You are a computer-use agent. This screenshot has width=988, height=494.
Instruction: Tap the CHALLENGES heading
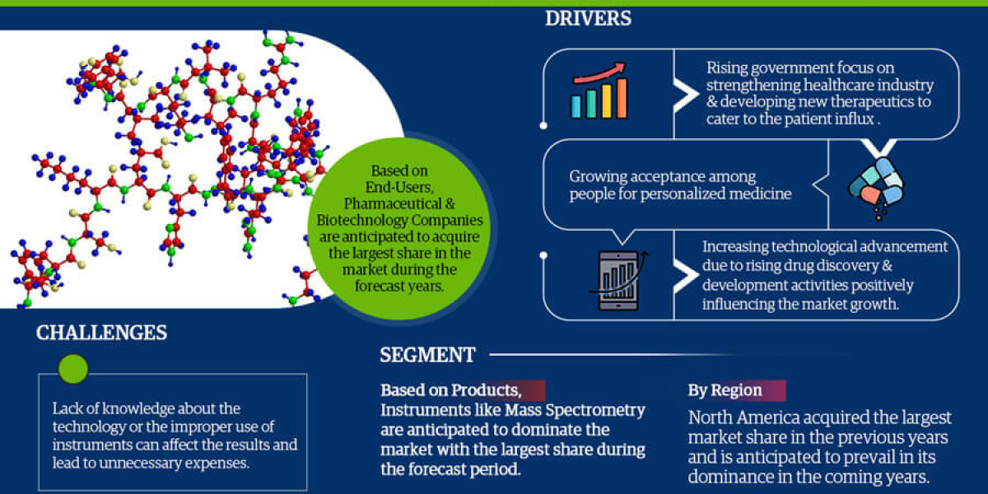[101, 333]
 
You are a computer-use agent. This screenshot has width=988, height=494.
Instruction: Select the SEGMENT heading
[427, 355]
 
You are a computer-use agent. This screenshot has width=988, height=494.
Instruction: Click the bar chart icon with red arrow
[599, 93]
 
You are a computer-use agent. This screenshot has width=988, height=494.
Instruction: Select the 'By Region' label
[725, 390]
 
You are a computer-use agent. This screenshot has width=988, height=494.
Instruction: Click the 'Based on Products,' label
[450, 390]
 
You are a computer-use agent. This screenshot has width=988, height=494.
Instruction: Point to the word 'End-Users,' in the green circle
[399, 186]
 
